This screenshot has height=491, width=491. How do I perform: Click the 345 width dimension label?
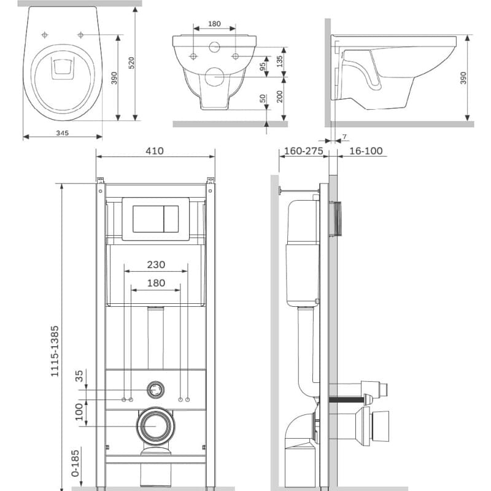(63, 133)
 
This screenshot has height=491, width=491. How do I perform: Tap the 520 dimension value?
(131, 63)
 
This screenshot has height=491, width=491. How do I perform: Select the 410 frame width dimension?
(155, 151)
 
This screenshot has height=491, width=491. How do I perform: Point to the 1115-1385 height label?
(55, 351)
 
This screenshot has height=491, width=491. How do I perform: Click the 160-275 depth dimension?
(303, 151)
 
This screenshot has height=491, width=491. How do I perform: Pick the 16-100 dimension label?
(366, 151)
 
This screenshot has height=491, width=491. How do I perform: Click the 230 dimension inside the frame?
(156, 265)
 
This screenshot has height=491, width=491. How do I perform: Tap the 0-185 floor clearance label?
(75, 463)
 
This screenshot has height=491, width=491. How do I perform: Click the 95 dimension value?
(263, 66)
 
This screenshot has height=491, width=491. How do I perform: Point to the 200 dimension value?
(280, 96)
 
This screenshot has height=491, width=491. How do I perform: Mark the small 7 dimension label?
(344, 137)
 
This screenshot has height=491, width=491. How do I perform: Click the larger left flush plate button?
(149, 219)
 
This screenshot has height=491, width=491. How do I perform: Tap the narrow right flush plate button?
(172, 219)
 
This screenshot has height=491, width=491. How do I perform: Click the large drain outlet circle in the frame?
(156, 426)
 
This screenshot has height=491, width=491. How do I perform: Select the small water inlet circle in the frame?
(155, 390)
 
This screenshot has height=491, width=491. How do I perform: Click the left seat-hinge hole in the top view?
(45, 35)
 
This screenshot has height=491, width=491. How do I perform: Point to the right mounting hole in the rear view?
(235, 56)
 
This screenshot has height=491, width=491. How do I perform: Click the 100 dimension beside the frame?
(79, 412)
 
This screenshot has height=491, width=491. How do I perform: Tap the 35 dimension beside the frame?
(79, 376)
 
